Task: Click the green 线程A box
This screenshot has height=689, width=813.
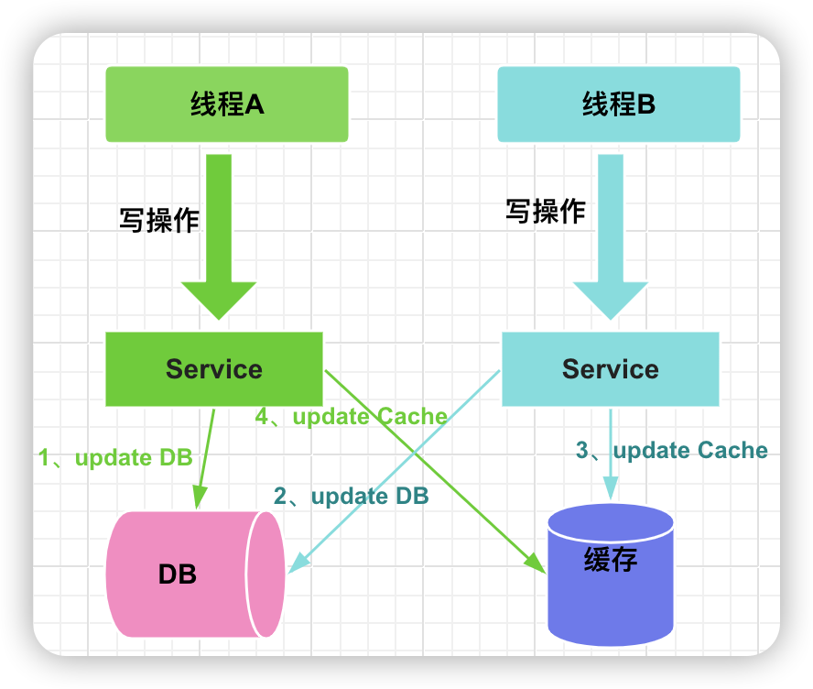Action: [x=226, y=104]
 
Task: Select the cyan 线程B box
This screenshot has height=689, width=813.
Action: [x=619, y=104]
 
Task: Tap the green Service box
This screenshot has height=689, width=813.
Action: [x=214, y=369]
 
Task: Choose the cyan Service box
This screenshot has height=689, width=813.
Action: [x=611, y=369]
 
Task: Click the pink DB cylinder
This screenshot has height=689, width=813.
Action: [x=196, y=574]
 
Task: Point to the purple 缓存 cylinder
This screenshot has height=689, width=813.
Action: [x=611, y=574]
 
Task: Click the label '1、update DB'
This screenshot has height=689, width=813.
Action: [x=115, y=457]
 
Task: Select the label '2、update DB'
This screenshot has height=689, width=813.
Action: [x=351, y=496]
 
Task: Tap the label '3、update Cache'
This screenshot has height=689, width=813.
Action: [x=671, y=451]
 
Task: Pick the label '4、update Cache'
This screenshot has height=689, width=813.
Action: [x=351, y=416]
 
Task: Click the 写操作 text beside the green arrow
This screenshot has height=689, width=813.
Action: [x=159, y=220]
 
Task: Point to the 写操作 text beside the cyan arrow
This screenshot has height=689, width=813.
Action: [x=546, y=211]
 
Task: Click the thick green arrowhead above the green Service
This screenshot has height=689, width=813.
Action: [x=219, y=300]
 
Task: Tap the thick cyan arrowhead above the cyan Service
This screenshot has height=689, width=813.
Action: [x=611, y=300]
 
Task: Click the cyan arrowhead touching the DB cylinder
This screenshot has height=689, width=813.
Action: [x=298, y=563]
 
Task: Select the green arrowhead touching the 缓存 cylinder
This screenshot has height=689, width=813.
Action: [x=537, y=563]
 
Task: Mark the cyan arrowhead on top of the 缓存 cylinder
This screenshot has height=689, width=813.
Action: [x=611, y=488]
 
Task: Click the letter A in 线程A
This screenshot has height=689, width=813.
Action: [x=255, y=104]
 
